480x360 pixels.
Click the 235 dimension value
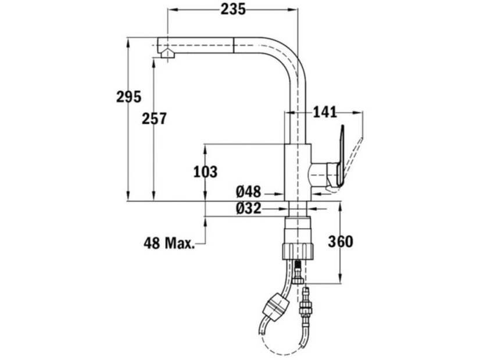233,9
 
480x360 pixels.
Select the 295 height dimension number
128,97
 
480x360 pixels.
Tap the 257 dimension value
154,118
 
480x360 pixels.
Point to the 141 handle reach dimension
324,113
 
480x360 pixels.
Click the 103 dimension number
205,172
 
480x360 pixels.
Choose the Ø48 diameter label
248,192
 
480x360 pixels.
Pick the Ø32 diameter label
248,208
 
